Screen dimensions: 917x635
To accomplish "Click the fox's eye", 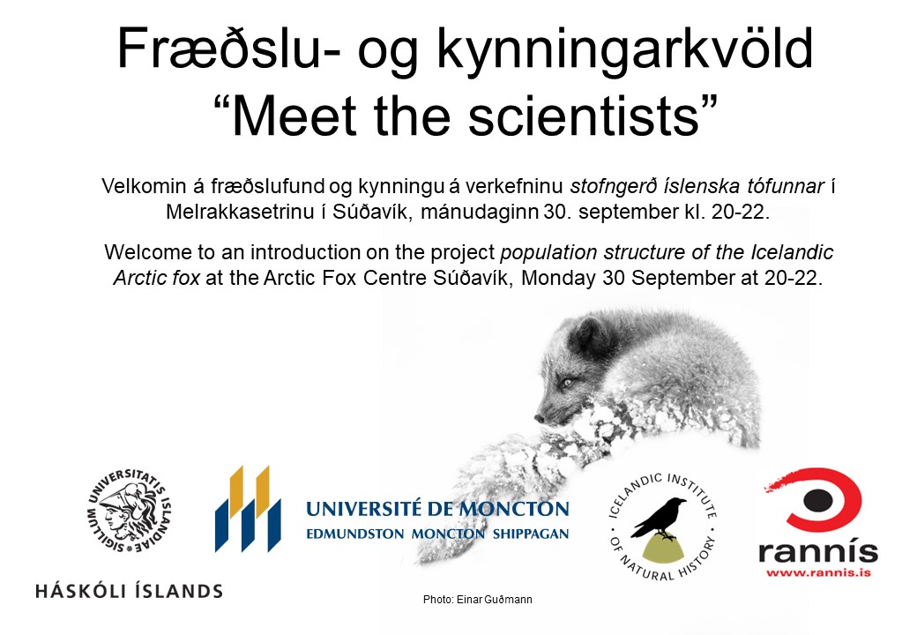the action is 566,383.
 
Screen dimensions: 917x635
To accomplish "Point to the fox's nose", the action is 540,418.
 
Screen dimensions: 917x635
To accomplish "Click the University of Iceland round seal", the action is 130,511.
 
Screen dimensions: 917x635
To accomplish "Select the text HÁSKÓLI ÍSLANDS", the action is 130,591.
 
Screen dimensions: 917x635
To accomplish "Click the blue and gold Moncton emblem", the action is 248,509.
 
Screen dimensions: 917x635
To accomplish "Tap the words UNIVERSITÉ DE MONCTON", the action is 437,509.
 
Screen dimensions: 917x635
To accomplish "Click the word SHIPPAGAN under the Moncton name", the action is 531,534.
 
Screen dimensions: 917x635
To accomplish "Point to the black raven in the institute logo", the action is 659,518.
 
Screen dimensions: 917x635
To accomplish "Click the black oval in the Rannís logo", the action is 817,500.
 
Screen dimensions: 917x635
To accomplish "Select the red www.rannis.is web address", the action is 818,572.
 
